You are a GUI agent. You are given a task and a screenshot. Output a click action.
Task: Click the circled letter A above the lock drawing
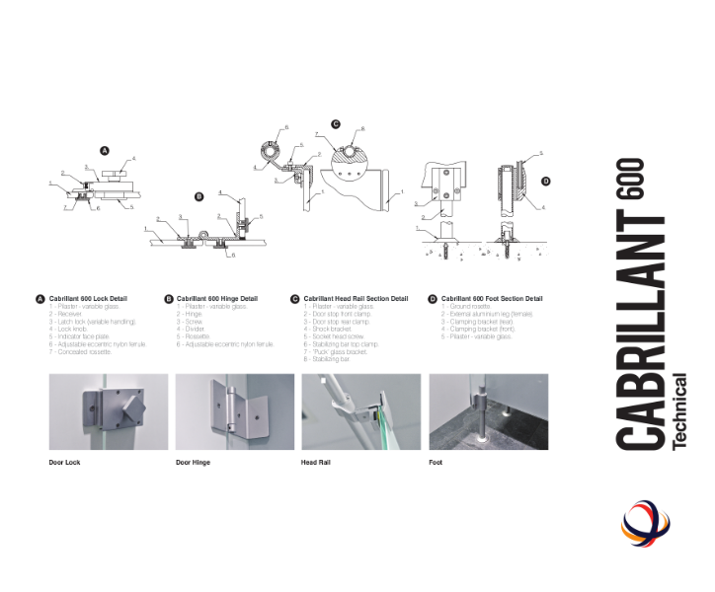pyautogui.click(x=104, y=150)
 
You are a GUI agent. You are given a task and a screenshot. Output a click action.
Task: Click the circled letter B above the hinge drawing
pyautogui.click(x=199, y=195)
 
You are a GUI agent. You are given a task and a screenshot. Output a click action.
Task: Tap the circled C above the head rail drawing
pyautogui.click(x=336, y=124)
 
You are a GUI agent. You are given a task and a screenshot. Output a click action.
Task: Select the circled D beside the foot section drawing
pyautogui.click(x=545, y=182)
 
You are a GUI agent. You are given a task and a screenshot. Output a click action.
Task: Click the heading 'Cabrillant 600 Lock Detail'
pyautogui.click(x=88, y=298)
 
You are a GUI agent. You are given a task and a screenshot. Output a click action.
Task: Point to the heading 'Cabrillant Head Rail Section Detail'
pyautogui.click(x=356, y=298)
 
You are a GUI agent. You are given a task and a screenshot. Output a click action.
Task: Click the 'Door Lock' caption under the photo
pyautogui.click(x=65, y=462)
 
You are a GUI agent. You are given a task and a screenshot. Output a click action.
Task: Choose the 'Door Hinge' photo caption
pyautogui.click(x=194, y=462)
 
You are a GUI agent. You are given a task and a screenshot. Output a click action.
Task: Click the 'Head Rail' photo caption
pyautogui.click(x=316, y=462)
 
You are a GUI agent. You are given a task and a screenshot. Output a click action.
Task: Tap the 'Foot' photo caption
pyautogui.click(x=436, y=462)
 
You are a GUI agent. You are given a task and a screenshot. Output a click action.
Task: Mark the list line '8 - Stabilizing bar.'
pyautogui.click(x=326, y=359)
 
